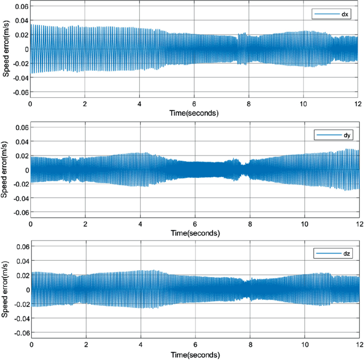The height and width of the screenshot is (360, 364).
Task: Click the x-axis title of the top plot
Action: tap(194, 113)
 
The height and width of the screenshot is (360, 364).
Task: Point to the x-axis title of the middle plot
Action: tap(194, 233)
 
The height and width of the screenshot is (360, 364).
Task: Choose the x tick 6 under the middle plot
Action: tap(194, 225)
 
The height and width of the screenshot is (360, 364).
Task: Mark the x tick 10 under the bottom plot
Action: tap(303, 345)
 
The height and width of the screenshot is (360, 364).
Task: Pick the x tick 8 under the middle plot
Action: tap(249, 225)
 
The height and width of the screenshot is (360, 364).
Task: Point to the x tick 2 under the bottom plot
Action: tap(86, 345)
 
